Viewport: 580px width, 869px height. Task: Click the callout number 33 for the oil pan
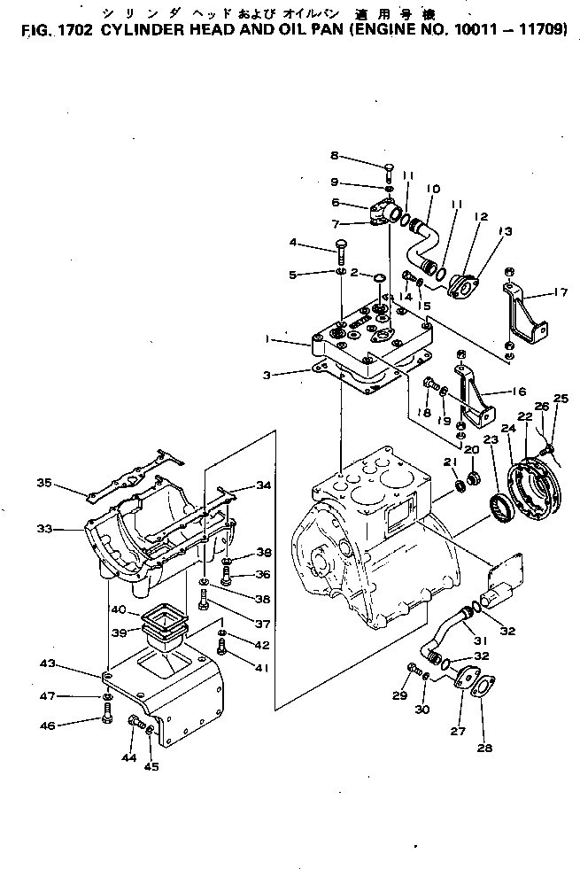pyautogui.click(x=45, y=529)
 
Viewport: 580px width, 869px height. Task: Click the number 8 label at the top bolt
pyautogui.click(x=335, y=155)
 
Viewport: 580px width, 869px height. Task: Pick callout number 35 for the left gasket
pyautogui.click(x=44, y=483)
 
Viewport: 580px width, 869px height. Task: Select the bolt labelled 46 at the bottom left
pyautogui.click(x=106, y=717)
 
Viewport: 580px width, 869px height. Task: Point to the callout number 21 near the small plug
pyautogui.click(x=449, y=462)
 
